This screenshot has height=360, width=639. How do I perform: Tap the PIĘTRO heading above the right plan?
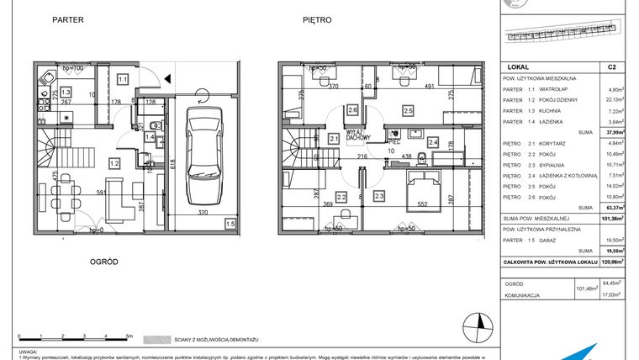pyautogui.click(x=316, y=19)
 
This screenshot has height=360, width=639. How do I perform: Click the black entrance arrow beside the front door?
pyautogui.click(x=170, y=79)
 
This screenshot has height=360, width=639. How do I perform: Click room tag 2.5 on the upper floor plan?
pyautogui.click(x=408, y=110)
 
